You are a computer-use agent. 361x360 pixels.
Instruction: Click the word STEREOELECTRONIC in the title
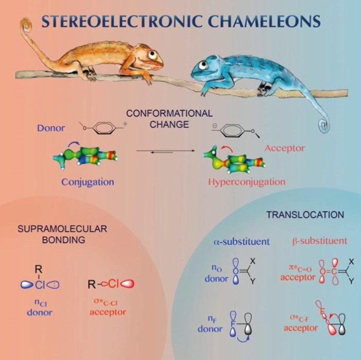tap(109, 21)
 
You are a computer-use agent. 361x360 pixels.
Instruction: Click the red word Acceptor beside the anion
tap(285, 149)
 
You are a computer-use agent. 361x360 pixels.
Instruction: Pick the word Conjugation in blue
tap(88, 182)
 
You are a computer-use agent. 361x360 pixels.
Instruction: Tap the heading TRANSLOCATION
tap(305, 215)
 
